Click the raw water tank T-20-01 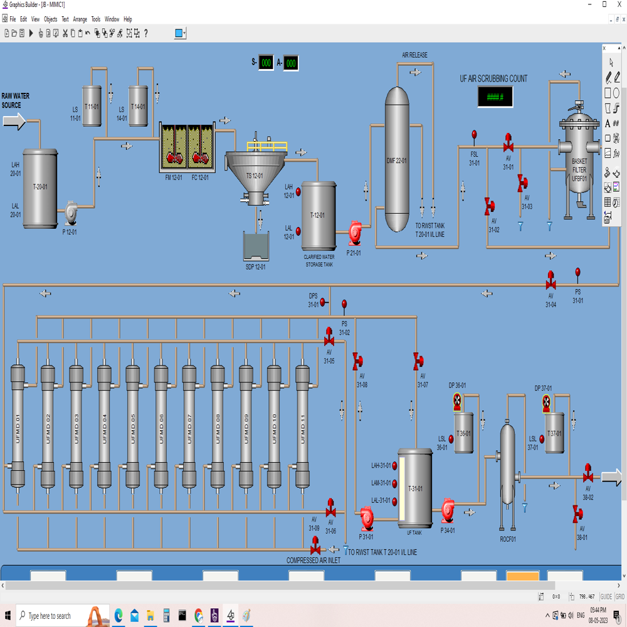(40, 187)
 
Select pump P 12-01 (70, 213)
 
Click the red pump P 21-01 (356, 233)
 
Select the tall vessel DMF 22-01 (396, 159)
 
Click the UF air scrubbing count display (495, 97)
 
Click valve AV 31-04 (551, 282)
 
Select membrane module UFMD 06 (161, 426)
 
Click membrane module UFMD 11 (303, 426)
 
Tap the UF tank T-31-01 (415, 488)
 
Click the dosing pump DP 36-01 (457, 401)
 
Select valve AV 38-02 (587, 473)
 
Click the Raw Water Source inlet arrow (14, 121)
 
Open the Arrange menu (80, 19)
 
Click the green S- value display (266, 63)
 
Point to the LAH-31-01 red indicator (395, 466)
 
